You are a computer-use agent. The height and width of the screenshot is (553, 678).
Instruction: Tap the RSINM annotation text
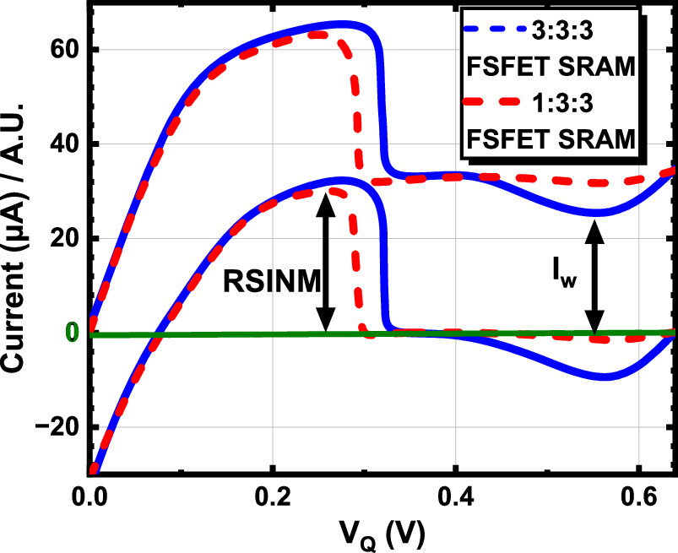pyautogui.click(x=271, y=281)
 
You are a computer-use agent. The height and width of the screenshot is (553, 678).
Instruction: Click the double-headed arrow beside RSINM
pyautogui.click(x=326, y=263)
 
